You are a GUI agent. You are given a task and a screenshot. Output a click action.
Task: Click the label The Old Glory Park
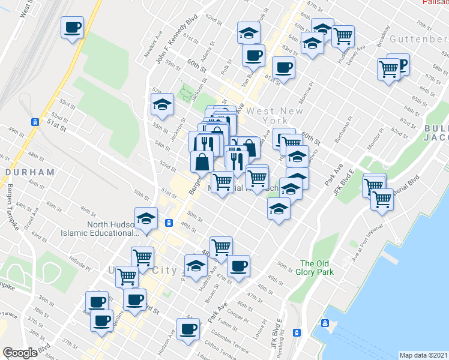(317, 268)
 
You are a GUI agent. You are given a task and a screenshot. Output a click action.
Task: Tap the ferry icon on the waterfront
(325, 323)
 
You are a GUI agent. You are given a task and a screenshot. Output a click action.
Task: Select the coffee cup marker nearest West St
(72, 27)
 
